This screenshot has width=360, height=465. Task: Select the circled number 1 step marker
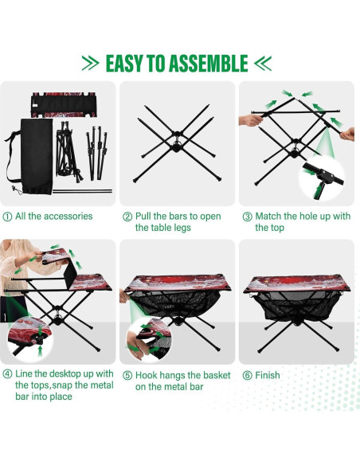8,217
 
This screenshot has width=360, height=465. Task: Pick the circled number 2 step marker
127,217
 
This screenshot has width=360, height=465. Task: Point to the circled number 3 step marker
247,217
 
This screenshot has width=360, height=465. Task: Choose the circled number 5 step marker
127,375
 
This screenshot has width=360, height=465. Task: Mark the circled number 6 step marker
247,375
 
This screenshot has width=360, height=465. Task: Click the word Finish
270,375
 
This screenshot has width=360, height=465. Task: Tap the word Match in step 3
270,217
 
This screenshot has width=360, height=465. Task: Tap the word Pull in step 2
144,217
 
